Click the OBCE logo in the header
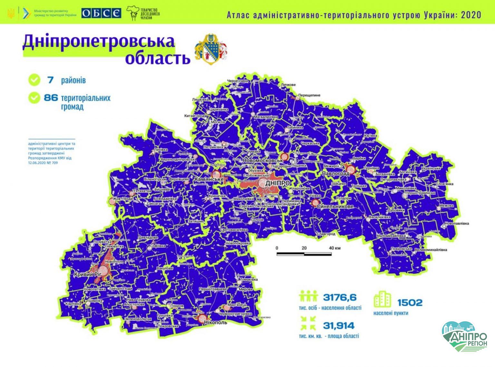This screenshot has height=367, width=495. (101, 13)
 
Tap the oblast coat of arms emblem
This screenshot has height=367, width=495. (211, 49)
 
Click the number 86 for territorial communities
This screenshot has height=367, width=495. (51, 97)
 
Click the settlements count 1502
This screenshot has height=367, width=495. (409, 303)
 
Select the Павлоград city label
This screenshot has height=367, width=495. (336, 174)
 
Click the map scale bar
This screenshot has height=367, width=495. (304, 254)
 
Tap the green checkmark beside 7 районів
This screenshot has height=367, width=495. (34, 80)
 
